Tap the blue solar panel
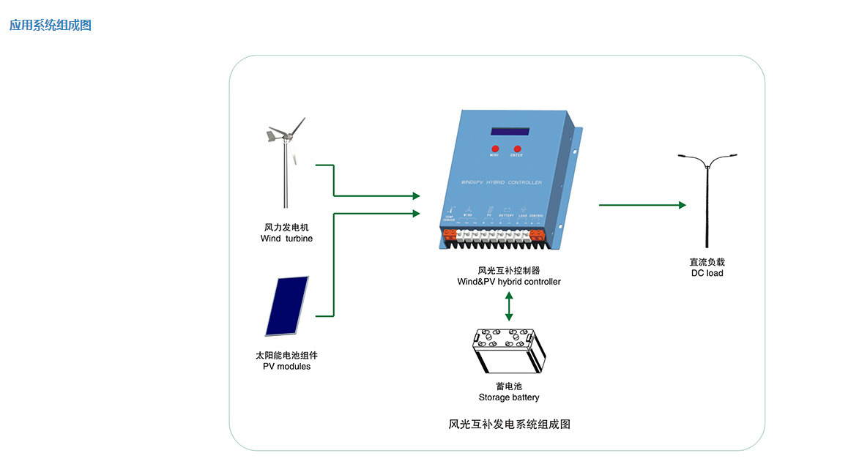(287, 307)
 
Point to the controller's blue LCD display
(510, 132)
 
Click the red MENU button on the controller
(494, 148)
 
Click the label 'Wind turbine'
(286, 239)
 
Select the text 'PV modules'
(286, 366)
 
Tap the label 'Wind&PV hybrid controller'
(509, 281)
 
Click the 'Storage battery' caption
(509, 397)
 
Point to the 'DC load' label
(707, 273)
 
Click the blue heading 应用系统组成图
(51, 25)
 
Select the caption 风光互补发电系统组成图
(509, 424)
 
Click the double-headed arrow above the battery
(509, 306)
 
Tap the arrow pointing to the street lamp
(642, 205)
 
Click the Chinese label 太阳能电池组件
(286, 355)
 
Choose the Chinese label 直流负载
(707, 262)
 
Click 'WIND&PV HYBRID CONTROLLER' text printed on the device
(502, 182)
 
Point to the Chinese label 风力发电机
(286, 228)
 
